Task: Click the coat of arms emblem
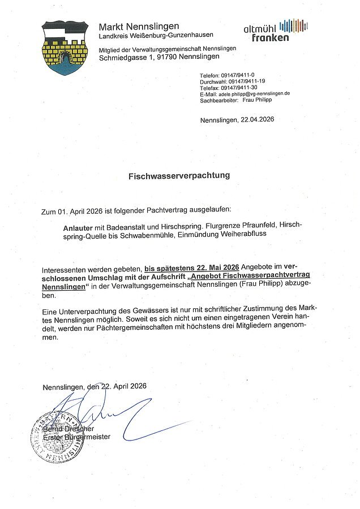65,48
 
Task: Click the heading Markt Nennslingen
139,27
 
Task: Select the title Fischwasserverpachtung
179,175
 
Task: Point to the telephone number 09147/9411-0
238,75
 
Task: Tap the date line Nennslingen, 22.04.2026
237,120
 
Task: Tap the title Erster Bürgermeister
76,437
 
